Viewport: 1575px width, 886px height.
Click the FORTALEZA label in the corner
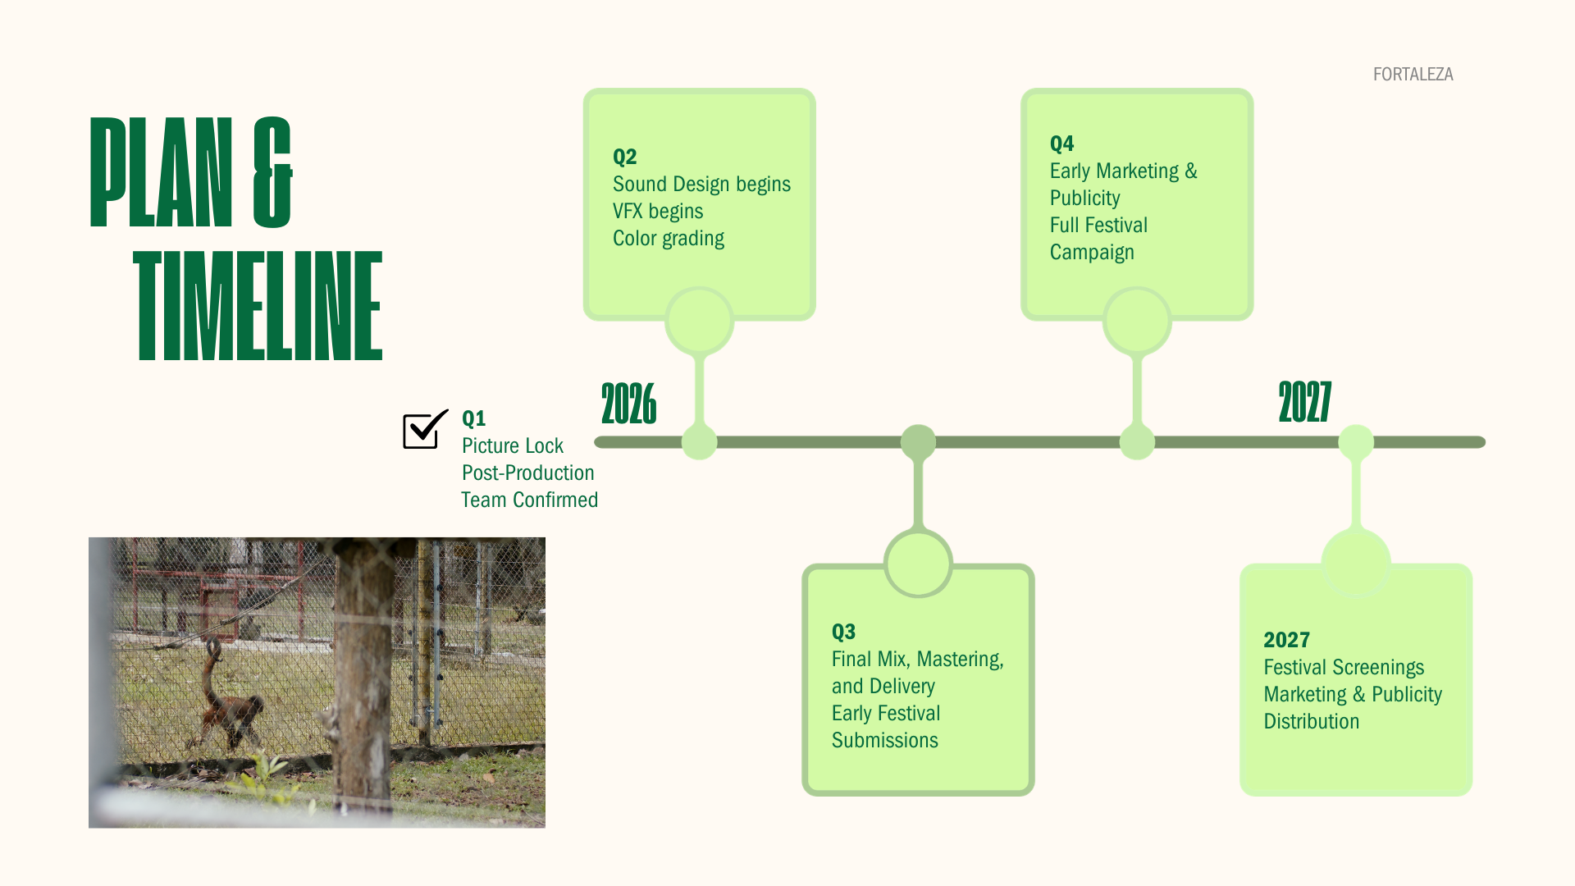1413,75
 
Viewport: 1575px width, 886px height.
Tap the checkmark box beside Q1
423,430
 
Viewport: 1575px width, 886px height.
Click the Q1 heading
473,418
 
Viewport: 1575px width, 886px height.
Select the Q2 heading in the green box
624,157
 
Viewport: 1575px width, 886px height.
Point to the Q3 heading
843,632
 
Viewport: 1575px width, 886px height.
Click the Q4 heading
1061,144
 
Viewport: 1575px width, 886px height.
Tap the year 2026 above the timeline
628,404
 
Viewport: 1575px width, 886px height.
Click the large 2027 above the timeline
1304,402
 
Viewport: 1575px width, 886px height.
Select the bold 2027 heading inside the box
1286,640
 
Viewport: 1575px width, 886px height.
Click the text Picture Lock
512,445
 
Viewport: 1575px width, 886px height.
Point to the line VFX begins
657,211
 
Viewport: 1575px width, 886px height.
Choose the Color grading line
668,238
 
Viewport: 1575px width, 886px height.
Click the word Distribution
1311,721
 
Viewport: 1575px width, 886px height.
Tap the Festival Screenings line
1343,667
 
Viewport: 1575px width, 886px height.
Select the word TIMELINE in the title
258,306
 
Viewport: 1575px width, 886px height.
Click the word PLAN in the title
161,172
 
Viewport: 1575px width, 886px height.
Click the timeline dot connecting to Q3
918,442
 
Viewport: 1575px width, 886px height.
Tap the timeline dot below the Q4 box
1137,442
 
